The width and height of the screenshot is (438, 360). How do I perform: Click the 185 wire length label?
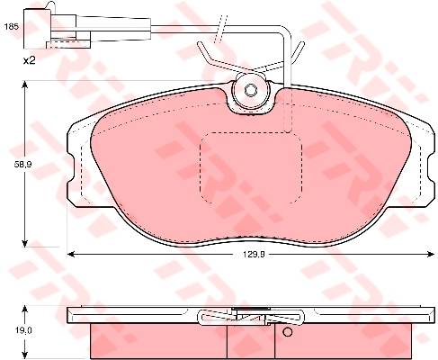pyautogui.click(x=12, y=27)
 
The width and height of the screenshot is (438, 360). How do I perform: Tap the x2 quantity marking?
pyautogui.click(x=30, y=61)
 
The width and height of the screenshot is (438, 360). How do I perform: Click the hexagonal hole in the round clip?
pyautogui.click(x=249, y=90)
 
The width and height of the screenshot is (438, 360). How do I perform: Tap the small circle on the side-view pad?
pyautogui.click(x=287, y=332)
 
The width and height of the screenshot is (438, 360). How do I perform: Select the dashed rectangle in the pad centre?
pyautogui.click(x=251, y=168)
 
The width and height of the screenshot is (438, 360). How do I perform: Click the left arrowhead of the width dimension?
pyautogui.click(x=71, y=255)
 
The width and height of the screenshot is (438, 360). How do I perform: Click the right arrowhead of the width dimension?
pyautogui.click(x=431, y=255)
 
